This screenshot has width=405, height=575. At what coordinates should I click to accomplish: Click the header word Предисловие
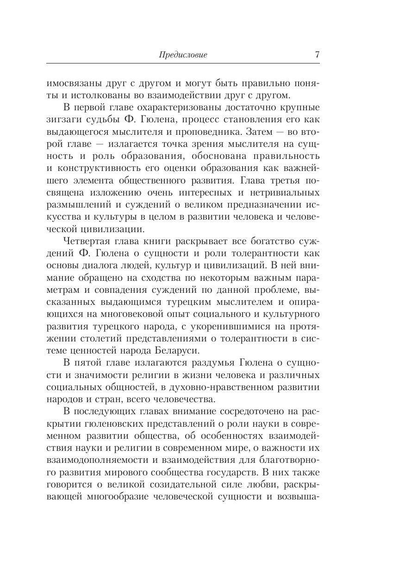pos(183,55)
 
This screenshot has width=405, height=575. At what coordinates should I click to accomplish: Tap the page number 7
pos(317,54)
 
